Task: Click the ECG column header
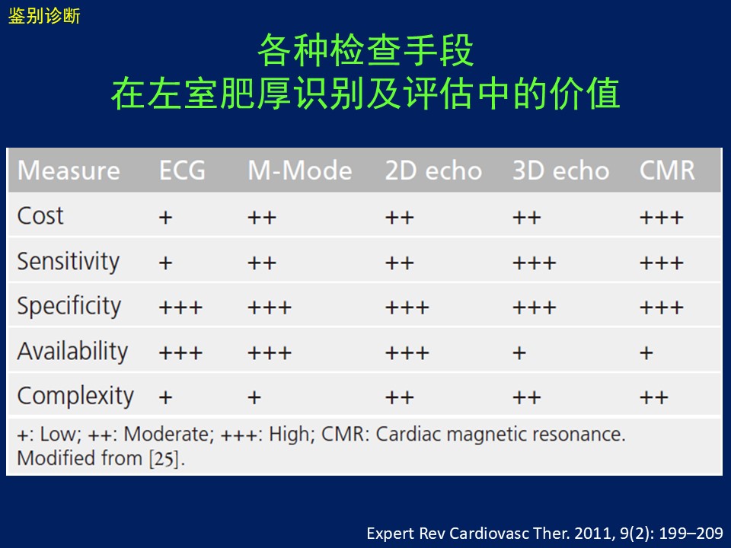(x=182, y=170)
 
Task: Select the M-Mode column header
(x=300, y=170)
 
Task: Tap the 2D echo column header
(x=433, y=170)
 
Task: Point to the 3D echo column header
(x=561, y=170)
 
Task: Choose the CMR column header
(x=667, y=170)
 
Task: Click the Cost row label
(x=40, y=215)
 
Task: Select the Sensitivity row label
(x=68, y=261)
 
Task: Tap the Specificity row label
(x=69, y=306)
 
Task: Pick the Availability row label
(x=72, y=351)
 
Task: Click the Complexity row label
(x=75, y=396)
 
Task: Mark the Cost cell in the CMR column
(x=662, y=218)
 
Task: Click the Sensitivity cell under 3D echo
(x=535, y=263)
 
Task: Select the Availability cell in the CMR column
(x=646, y=353)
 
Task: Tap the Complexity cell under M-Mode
(x=254, y=398)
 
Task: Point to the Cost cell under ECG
(x=165, y=218)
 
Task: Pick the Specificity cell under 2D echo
(x=407, y=307)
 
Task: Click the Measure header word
(x=69, y=170)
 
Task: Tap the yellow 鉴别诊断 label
(x=44, y=16)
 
